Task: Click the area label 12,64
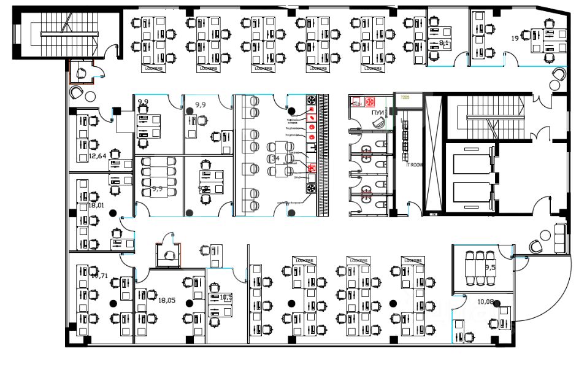[98, 156]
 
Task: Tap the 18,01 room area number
[98, 206]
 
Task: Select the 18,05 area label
[167, 301]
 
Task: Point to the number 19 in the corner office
[516, 38]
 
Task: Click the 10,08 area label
[485, 301]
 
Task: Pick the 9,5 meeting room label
[490, 268]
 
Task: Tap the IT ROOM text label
[416, 164]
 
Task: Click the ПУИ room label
[378, 112]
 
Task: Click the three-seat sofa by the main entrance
[559, 239]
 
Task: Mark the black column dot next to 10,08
[497, 303]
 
